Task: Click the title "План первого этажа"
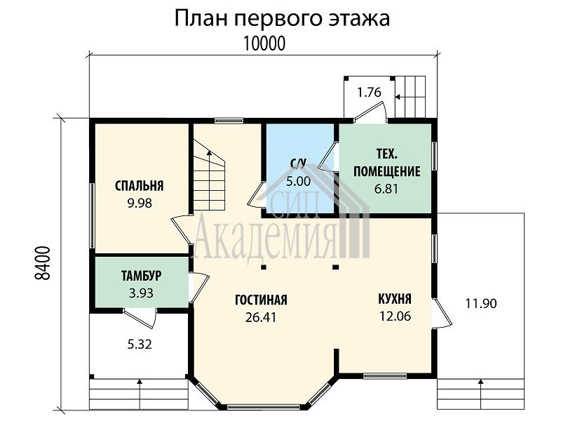pos(282,20)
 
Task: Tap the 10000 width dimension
pos(264,44)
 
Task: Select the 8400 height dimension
pos(43,264)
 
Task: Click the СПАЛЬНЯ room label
pos(140,186)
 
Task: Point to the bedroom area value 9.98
pos(140,203)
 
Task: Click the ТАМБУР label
pos(142,276)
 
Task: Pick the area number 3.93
pos(142,293)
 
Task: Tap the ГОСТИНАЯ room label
pos(261,300)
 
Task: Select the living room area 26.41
pos(261,317)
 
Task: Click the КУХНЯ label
pos(395,299)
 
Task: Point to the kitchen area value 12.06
pos(396,316)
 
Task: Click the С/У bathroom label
pos(299,164)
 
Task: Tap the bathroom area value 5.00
pos(299,181)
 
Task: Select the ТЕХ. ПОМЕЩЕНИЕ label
pos(387,163)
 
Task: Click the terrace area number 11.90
pos(481,304)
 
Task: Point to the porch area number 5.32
pos(140,345)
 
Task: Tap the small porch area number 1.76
pos(370,93)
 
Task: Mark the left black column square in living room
pos(264,267)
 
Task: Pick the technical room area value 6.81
pos(386,189)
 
